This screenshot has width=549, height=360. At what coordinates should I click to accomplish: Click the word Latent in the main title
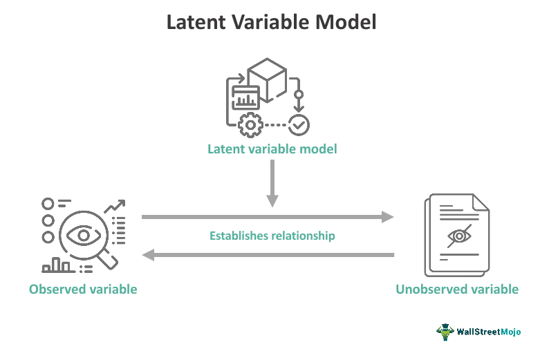pos(196,22)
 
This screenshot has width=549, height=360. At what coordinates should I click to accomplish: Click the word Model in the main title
pos(346,22)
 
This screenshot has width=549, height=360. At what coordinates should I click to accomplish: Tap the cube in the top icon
pos(267,79)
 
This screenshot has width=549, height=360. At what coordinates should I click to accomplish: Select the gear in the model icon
pos(250,125)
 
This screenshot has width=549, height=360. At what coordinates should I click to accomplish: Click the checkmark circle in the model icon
pos(299,125)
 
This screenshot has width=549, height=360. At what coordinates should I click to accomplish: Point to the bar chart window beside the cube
pos(245,97)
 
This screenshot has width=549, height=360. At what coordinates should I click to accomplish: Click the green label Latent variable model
pos(272,149)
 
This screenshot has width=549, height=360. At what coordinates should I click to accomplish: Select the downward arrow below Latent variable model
pos(272,183)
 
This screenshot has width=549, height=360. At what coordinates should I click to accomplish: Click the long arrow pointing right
pos(268,217)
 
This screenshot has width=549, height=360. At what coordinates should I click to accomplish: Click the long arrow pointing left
pos(268,255)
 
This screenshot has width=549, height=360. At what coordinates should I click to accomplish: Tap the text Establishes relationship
pos(272,236)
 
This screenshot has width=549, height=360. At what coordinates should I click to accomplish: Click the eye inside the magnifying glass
pos(84,235)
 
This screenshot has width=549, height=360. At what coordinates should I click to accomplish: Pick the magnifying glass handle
pos(108,261)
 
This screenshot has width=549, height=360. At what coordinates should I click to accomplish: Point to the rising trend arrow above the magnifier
pos(115,207)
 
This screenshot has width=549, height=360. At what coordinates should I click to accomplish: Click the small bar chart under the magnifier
pos(58,265)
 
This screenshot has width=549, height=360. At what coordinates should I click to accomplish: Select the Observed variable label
pos(83,290)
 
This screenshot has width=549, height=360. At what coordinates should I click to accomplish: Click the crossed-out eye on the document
pos(459,236)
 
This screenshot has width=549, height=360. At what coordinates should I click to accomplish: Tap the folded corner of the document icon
pos(480,202)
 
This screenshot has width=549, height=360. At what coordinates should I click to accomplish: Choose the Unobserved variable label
pos(457,290)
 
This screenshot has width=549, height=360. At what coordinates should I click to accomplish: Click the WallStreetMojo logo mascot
pos(445,332)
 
